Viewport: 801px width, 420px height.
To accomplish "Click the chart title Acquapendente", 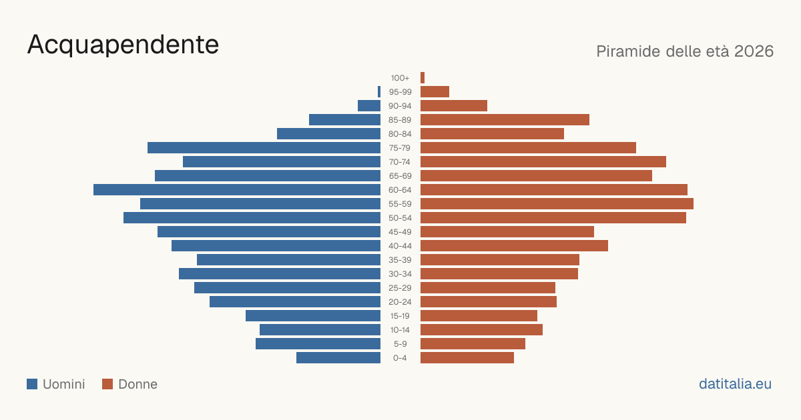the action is coord(123,45).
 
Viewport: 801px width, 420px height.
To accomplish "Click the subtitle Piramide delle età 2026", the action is coord(685,51).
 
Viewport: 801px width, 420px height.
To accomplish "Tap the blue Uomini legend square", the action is coord(32,384).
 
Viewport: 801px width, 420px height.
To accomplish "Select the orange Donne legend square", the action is coord(107,384).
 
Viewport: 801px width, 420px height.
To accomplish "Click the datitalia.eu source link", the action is coord(735,384).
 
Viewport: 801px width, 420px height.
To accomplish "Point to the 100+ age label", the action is coord(400,78).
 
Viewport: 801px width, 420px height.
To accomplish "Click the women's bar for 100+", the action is coord(423,77).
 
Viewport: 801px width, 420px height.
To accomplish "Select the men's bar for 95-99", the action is coord(379,92).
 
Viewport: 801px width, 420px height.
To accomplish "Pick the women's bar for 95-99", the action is coord(435,92).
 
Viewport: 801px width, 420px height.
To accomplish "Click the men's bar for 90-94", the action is coord(369,106).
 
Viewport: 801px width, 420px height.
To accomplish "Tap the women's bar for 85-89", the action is coord(505,119).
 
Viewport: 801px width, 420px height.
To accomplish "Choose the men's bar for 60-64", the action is coord(237,189).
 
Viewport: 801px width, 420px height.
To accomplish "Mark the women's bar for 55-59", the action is coord(557,203).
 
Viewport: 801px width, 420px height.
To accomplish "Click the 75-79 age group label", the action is coord(400,148).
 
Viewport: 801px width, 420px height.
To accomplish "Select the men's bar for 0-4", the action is coord(338,357).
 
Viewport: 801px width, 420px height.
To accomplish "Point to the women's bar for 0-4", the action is coord(467,357).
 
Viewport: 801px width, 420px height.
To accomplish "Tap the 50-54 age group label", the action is coord(400,218).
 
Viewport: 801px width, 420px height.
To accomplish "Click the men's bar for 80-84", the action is coord(328,133).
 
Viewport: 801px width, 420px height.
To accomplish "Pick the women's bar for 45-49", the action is coord(507,232).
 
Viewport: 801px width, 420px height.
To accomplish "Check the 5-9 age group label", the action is coord(400,344).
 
